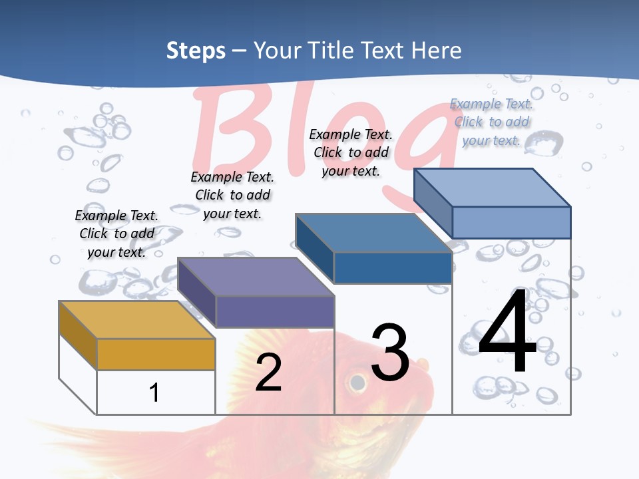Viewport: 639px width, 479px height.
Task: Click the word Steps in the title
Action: pyautogui.click(x=196, y=51)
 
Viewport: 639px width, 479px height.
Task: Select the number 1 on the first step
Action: pyautogui.click(x=154, y=393)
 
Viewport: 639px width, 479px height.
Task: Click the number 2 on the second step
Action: pyautogui.click(x=268, y=373)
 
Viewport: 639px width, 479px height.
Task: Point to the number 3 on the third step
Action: pyautogui.click(x=390, y=353)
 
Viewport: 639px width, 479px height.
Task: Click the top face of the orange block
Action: pyautogui.click(x=136, y=320)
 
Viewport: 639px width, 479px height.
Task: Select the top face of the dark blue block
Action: pyautogui.click(x=373, y=233)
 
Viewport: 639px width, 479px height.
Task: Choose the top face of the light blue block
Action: pyautogui.click(x=492, y=188)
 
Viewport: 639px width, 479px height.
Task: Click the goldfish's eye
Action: pyautogui.click(x=357, y=383)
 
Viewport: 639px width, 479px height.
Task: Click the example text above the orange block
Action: pyautogui.click(x=116, y=234)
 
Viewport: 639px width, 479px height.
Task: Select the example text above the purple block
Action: pyautogui.click(x=232, y=195)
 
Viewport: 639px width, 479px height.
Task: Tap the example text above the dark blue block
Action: pyautogui.click(x=351, y=152)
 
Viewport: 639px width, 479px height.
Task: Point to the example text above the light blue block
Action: pyautogui.click(x=491, y=122)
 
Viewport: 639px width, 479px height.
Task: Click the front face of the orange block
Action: pyautogui.click(x=156, y=354)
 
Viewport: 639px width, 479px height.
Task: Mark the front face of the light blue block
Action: pyautogui.click(x=511, y=222)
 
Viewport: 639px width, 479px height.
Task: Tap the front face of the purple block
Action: pyautogui.click(x=274, y=311)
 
